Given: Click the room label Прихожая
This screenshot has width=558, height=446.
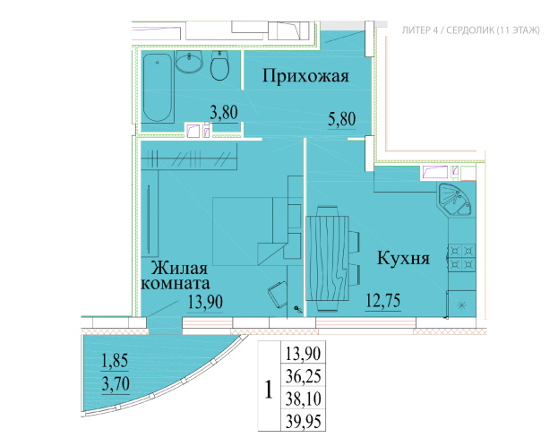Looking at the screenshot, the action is point(305,76).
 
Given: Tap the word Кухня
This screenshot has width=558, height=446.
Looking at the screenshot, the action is point(403,259).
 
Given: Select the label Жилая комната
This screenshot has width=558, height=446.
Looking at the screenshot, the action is point(176,276).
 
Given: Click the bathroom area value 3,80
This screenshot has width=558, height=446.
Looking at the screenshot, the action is point(224,113).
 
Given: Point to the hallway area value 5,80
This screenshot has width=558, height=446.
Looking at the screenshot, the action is point(341,119).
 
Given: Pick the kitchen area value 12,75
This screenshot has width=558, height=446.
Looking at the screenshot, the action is point(383,301).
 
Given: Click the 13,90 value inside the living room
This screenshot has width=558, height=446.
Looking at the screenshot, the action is point(205,303).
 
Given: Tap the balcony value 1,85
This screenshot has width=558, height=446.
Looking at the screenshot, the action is point(115,361).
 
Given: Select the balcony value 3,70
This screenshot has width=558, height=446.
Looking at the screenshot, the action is point(116,384).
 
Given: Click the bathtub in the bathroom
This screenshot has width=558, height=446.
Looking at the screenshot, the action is point(158,87).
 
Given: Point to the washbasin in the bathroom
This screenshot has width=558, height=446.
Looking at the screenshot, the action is point(189,62).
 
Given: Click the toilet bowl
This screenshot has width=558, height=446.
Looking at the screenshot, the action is point(219,65).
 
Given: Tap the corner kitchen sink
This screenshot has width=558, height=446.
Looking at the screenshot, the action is point(456,200).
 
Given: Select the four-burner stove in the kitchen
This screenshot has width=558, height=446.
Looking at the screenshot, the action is point(462,257).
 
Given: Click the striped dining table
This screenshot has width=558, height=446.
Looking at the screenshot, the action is point(327,259).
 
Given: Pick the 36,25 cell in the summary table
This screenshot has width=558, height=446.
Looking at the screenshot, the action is point(304,376).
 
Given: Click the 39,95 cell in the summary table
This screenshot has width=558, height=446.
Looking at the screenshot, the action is point(304,422).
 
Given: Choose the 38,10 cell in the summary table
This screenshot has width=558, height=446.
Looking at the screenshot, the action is point(304,399).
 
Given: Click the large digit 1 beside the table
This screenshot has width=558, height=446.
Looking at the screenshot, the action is point(269,390).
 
